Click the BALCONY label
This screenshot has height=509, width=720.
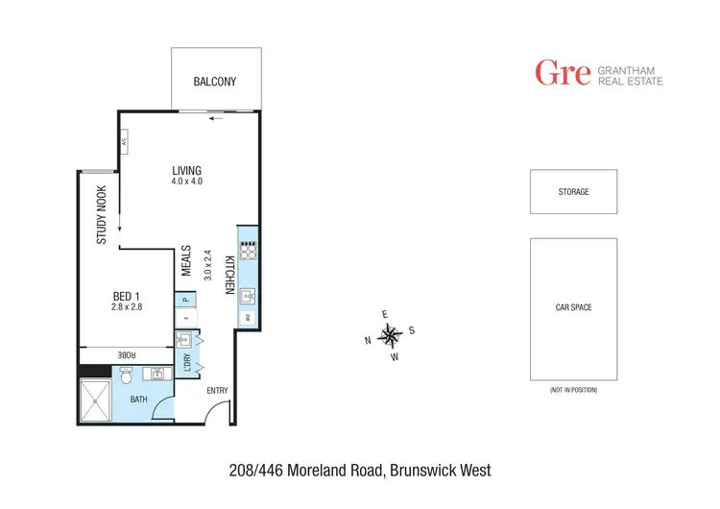[x=214, y=82]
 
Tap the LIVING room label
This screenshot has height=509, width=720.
[x=187, y=171]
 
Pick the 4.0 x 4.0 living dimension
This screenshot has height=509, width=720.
[x=187, y=182]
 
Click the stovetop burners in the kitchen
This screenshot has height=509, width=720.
[x=248, y=250]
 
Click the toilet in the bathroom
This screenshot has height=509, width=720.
[x=127, y=376]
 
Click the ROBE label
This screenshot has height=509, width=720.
[x=126, y=354]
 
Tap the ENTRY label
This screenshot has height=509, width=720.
[x=218, y=390]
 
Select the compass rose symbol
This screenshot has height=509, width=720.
[x=390, y=335]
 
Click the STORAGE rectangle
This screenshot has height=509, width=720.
[x=573, y=192]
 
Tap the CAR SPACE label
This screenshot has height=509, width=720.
[x=573, y=307]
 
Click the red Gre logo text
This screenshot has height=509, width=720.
[x=562, y=73]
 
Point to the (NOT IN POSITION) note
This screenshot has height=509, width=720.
[x=573, y=390]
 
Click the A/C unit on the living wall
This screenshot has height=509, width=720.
[x=124, y=143]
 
